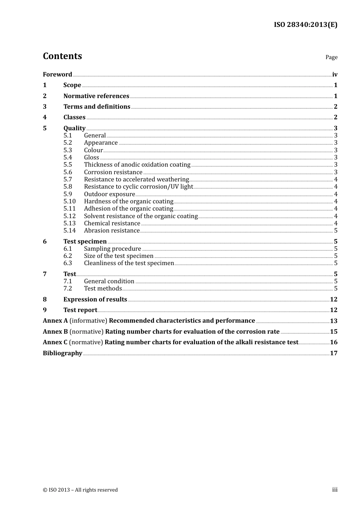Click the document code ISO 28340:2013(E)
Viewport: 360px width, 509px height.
305,25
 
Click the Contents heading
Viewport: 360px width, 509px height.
62,56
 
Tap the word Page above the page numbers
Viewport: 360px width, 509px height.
331,57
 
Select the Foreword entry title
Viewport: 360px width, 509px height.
57,75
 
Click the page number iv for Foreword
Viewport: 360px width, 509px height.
335,75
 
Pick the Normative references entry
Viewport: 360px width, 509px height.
96,96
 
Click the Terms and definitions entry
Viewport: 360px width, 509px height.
97,107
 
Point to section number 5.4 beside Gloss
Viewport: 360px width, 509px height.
67,158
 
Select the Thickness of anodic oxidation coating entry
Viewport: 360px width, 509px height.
137,165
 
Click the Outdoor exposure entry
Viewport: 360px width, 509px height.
109,194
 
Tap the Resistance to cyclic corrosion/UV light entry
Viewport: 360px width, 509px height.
138,187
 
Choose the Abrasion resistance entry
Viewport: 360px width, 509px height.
112,231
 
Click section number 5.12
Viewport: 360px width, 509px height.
69,216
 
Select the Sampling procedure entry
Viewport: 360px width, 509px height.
112,249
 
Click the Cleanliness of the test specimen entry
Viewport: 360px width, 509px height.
129,263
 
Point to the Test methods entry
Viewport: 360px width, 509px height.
103,289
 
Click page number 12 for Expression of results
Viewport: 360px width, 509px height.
333,300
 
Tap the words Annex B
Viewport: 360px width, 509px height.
55,332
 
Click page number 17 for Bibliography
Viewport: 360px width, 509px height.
333,353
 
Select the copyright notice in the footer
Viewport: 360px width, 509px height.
80,490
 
